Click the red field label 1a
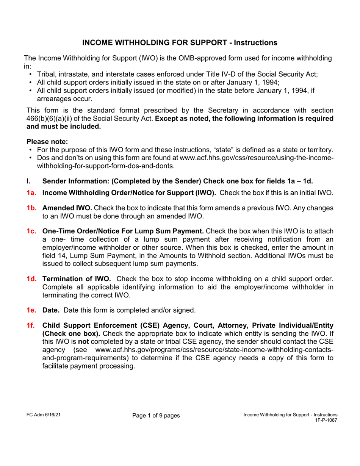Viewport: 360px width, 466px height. (31, 193)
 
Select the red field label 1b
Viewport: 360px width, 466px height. (31, 208)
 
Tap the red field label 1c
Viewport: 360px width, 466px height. (31, 231)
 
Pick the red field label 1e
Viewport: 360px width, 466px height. (31, 310)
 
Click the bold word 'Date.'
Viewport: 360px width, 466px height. (51, 310)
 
